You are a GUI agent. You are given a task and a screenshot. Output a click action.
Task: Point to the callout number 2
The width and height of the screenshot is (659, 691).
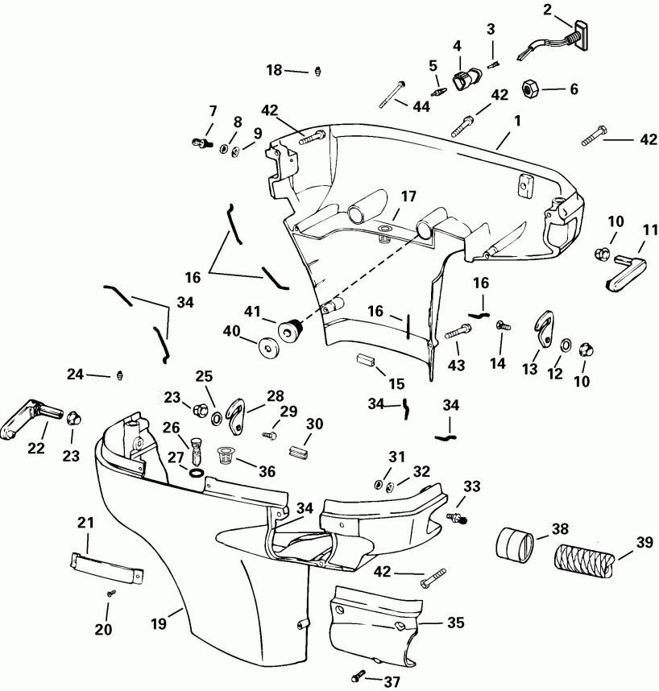pyautogui.click(x=548, y=10)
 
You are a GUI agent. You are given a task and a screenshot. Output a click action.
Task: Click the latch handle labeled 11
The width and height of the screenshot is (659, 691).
pyautogui.click(x=623, y=268)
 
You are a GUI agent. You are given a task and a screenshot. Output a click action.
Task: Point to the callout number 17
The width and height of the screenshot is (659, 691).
pyautogui.click(x=408, y=195)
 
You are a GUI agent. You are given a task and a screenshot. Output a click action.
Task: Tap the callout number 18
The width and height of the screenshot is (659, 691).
pyautogui.click(x=274, y=71)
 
